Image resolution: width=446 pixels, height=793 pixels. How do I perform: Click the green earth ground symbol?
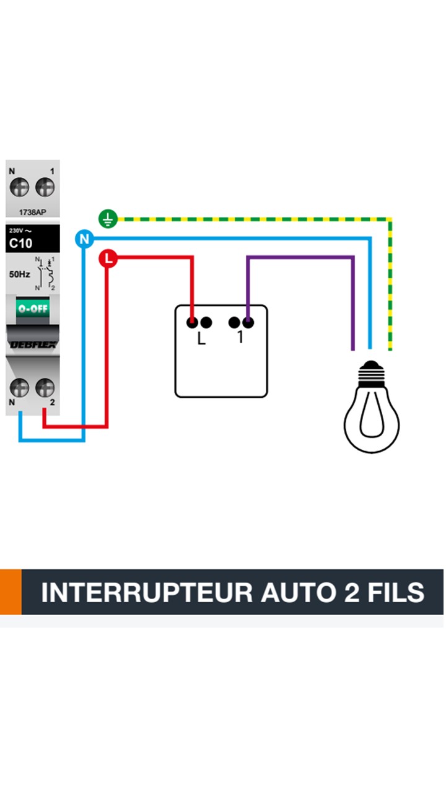108,219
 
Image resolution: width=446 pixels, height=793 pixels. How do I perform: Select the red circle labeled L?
108,258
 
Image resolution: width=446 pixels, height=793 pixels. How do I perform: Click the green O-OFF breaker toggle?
33,308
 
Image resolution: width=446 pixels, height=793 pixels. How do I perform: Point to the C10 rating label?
20,243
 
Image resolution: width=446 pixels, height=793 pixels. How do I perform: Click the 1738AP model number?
32,212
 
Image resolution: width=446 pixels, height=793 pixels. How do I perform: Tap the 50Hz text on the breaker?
19,273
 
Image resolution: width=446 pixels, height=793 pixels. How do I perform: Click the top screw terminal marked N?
20,186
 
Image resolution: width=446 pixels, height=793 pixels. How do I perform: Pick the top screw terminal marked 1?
45,186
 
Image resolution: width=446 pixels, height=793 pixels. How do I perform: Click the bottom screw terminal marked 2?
45,388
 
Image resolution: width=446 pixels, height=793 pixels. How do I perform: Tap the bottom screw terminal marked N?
20,388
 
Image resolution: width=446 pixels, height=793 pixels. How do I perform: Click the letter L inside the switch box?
201,339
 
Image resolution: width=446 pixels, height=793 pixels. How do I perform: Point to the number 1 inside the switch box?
240,338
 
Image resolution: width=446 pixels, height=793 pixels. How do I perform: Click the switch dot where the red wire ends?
193,322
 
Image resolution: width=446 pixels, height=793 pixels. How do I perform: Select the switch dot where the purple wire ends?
248,322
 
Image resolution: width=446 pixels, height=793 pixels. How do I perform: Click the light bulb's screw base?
372,374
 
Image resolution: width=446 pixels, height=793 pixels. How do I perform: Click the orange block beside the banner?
11,592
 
